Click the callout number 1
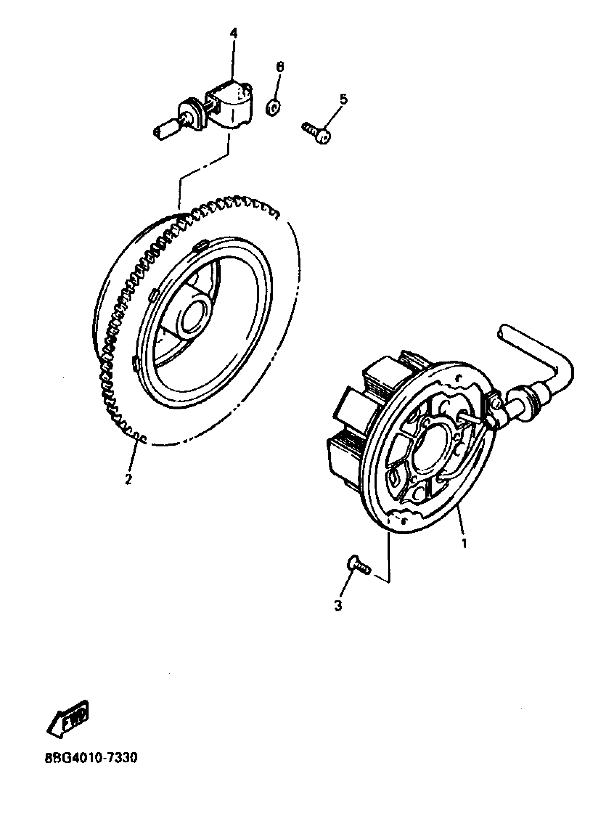[x=464, y=543]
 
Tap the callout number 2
[x=128, y=479]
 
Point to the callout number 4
[x=233, y=33]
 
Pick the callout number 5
[x=343, y=99]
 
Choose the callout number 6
[x=280, y=67]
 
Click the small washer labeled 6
[x=272, y=107]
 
